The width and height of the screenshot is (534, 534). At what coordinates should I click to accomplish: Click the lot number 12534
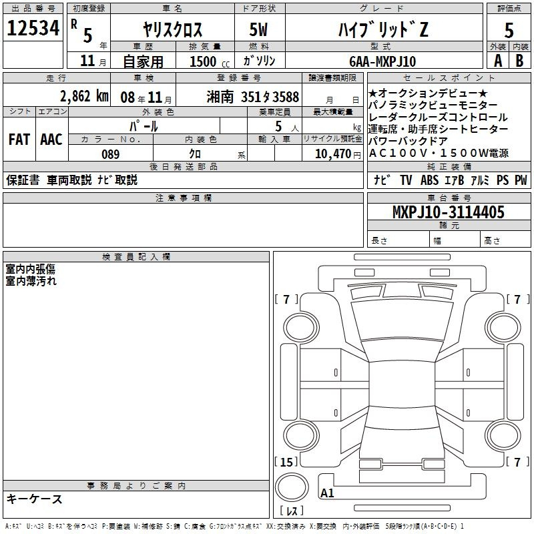coord(33,28)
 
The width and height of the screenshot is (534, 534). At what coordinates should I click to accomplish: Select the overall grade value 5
coord(509,30)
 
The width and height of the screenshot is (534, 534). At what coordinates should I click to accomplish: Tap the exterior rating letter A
coord(498,61)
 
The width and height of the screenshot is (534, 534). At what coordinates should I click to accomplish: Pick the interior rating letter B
coord(519,61)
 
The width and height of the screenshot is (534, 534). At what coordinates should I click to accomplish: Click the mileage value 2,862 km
coord(84,96)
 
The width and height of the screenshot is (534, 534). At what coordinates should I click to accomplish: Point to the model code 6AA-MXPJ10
coord(382,61)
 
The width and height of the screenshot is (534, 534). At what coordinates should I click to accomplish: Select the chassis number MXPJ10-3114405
coord(448,212)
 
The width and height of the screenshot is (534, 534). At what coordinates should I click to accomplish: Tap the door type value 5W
coord(258,29)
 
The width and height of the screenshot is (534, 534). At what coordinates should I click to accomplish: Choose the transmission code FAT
coord(19,140)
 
